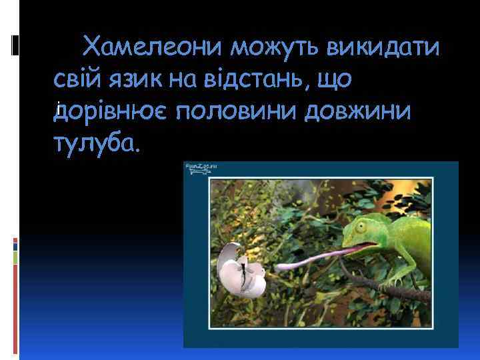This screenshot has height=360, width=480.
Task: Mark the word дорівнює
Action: pyautogui.click(x=117, y=111)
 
